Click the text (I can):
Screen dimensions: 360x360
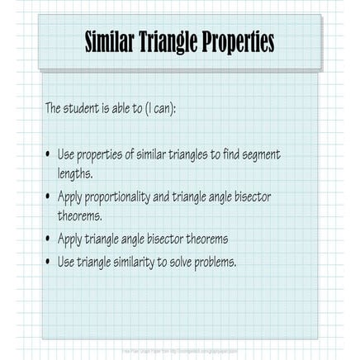[x=159, y=108]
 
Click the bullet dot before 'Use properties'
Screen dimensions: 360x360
[x=48, y=154]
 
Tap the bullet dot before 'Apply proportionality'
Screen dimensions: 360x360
[x=48, y=197]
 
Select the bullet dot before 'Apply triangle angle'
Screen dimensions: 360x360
[x=48, y=239]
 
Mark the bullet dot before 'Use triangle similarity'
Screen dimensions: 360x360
[x=48, y=262]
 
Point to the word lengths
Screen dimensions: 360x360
[x=74, y=174]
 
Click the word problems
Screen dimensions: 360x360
[x=216, y=262]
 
